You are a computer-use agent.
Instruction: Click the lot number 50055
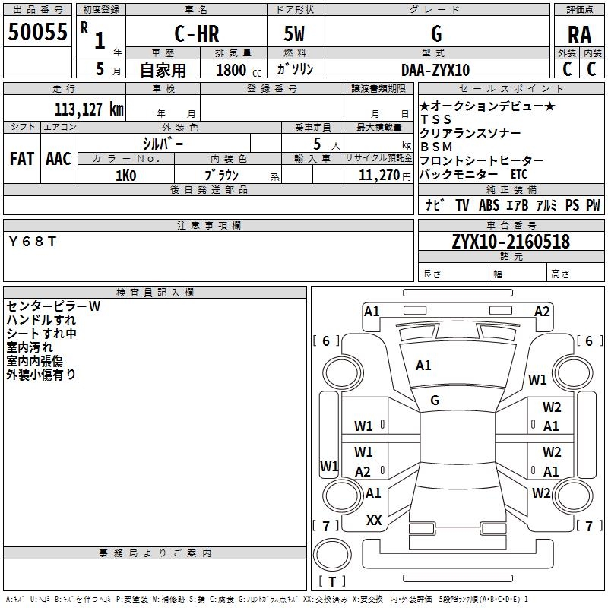click(x=38, y=33)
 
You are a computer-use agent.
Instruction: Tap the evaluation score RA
click(x=579, y=36)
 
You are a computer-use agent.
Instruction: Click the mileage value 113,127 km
click(x=89, y=109)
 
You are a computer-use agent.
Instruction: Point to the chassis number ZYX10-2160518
click(x=510, y=242)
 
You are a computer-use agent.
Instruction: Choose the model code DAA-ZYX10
click(x=435, y=70)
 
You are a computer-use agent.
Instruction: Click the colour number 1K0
click(x=125, y=176)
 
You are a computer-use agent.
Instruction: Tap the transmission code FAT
click(x=21, y=158)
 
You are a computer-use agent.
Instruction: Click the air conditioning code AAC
click(x=58, y=158)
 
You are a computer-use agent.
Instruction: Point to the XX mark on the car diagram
click(x=374, y=521)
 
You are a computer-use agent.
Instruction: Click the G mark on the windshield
click(x=435, y=401)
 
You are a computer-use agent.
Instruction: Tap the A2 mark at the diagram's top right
click(x=542, y=311)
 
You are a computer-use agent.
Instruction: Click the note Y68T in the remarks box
click(x=32, y=242)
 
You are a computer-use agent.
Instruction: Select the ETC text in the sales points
click(x=519, y=174)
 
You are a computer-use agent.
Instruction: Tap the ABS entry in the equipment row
click(x=489, y=205)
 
